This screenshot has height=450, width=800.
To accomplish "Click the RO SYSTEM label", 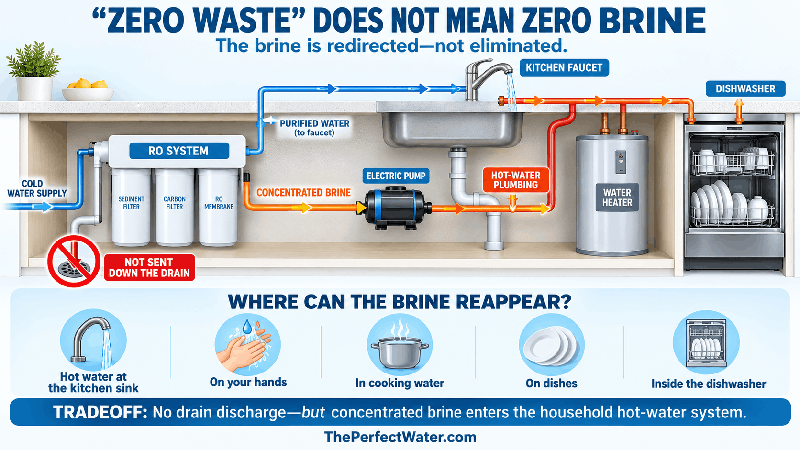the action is click(179, 151).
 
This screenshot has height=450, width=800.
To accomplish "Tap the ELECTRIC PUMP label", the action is click(396, 176).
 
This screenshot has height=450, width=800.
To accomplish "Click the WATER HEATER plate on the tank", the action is click(617, 198).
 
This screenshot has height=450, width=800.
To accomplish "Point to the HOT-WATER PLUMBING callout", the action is click(515, 180).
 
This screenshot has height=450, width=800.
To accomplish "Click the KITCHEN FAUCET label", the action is click(564, 67).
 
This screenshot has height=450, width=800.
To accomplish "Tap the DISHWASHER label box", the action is click(745, 88).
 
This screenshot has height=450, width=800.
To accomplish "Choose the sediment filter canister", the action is click(131, 207).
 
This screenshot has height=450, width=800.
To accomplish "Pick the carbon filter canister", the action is click(174, 207).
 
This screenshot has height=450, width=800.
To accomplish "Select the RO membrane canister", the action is click(218, 207).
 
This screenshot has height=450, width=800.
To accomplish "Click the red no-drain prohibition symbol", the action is click(74, 261).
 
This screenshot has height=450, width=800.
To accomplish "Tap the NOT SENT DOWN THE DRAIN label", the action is click(149, 268).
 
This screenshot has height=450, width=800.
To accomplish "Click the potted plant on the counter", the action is click(34, 71).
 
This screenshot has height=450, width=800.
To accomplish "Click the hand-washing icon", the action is click(247, 345).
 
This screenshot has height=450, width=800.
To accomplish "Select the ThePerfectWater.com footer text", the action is click(400, 437).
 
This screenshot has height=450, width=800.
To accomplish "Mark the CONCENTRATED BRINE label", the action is click(303, 193).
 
